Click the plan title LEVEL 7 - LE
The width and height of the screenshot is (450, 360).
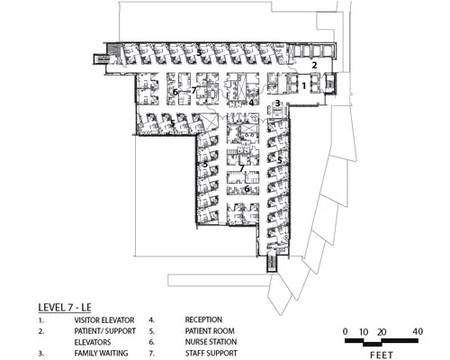tap(65, 308)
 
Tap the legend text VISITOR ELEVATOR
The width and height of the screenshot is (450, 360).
tap(104, 320)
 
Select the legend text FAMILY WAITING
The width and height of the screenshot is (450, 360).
tap(101, 353)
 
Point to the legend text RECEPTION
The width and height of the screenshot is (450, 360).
tap(203, 319)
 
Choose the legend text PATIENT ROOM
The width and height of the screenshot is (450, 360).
tap(210, 331)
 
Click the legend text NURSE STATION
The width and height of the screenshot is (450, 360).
tap(211, 342)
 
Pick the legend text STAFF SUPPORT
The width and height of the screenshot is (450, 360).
tap(211, 353)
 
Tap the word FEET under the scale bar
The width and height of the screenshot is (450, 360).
tap(382, 355)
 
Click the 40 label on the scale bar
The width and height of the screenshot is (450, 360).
tap(418, 331)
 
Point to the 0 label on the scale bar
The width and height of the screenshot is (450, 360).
tap(346, 331)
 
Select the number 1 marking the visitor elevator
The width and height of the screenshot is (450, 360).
tap(303, 86)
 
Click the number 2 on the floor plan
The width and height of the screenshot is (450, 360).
tap(314, 65)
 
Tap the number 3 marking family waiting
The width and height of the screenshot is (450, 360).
tap(278, 103)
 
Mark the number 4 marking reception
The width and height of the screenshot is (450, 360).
tap(251, 103)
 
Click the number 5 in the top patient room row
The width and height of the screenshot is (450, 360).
tap(199, 53)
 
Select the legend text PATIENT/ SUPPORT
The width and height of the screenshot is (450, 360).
tap(105, 331)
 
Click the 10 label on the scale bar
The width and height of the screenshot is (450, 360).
tap(364, 332)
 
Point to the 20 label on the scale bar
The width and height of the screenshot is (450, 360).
tap(382, 332)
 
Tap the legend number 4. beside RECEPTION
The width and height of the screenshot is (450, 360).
tap(151, 320)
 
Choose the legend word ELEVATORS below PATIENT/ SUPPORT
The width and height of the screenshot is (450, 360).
tap(93, 342)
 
